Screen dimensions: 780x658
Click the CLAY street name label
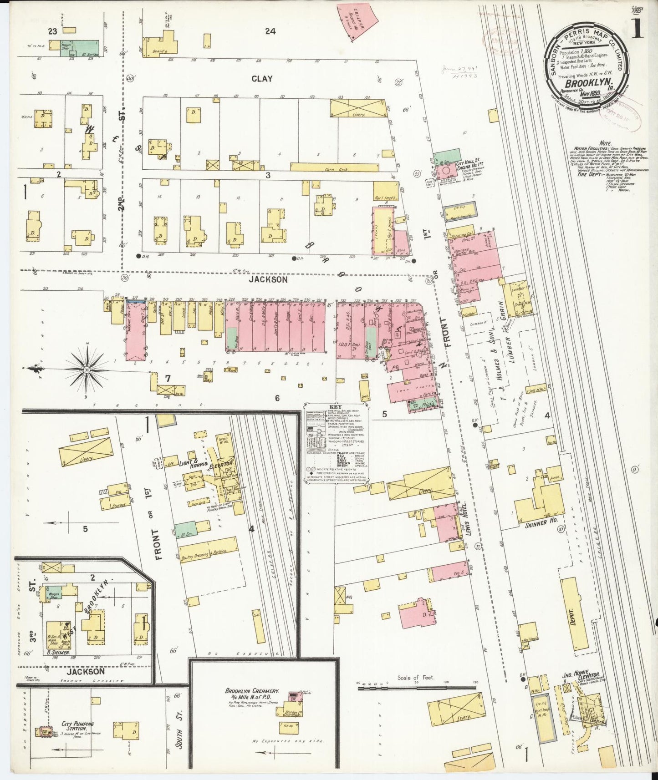(262, 79)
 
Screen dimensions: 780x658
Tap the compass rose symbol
(86, 370)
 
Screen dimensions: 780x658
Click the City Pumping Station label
(78, 724)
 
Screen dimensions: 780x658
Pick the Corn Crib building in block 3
(334, 167)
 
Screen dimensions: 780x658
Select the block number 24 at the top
(270, 31)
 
